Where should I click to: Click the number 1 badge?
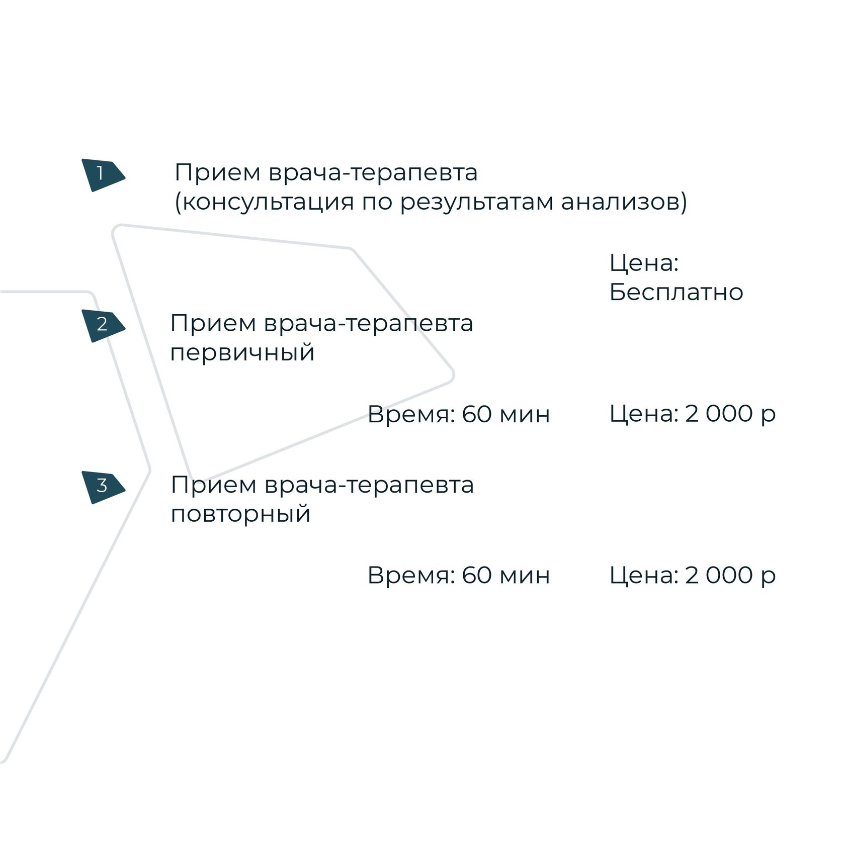pyautogui.click(x=102, y=174)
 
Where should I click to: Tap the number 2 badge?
pyautogui.click(x=102, y=325)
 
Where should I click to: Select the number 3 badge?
pyautogui.click(x=102, y=486)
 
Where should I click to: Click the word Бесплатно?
pyautogui.click(x=676, y=293)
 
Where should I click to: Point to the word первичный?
pyautogui.click(x=242, y=353)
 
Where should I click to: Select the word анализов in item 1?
pyautogui.click(x=624, y=203)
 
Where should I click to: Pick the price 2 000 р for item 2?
pyautogui.click(x=730, y=414)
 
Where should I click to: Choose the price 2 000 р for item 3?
pyautogui.click(x=730, y=576)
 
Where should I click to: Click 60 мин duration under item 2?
pyautogui.click(x=505, y=415)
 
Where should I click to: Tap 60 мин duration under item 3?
pyautogui.click(x=505, y=576)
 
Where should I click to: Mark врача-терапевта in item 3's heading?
pyautogui.click(x=369, y=486)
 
